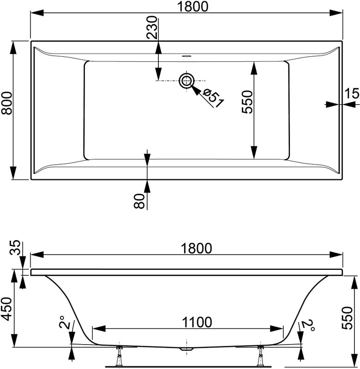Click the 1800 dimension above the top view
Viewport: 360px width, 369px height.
coord(192,6)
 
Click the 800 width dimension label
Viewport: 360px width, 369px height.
coord(6,103)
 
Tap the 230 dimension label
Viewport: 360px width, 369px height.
coord(151,27)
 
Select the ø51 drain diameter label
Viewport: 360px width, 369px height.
coord(213,98)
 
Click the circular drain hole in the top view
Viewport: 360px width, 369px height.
coord(186,81)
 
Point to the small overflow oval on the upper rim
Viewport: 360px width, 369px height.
coord(186,56)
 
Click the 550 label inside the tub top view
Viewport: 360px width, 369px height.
coord(247,102)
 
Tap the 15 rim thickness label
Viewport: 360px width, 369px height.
coord(352,93)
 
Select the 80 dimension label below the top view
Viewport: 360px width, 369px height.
coord(139,201)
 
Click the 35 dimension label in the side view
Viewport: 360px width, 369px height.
coord(15,248)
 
